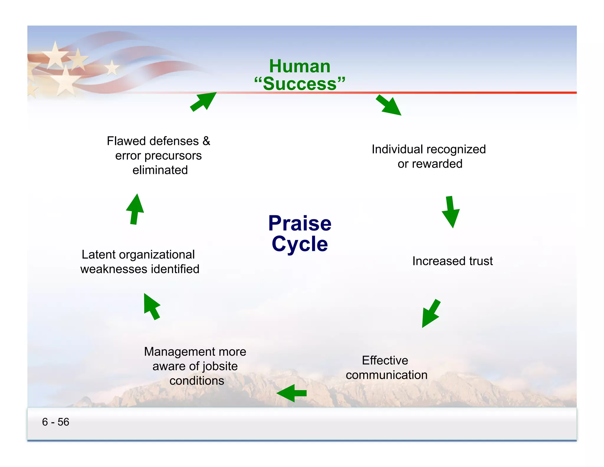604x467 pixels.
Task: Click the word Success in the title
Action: [300, 84]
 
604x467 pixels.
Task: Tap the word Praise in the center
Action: [300, 223]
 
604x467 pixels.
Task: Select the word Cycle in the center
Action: [300, 244]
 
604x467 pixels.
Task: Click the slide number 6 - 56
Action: [55, 422]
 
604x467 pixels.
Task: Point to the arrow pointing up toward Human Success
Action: [203, 102]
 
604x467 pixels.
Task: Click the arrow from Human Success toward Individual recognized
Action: [388, 105]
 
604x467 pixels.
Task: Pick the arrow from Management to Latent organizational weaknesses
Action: [152, 306]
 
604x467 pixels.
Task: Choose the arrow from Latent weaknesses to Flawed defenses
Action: [135, 209]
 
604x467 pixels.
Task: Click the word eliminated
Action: [160, 170]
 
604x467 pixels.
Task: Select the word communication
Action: [387, 375]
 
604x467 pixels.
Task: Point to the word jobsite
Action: [220, 366]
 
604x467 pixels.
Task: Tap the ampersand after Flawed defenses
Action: [206, 141]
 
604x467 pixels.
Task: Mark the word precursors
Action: [173, 156]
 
